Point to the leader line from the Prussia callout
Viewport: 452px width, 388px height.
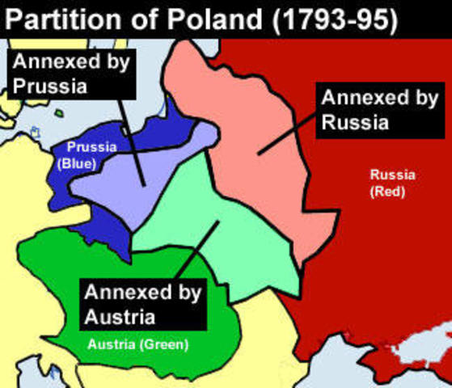pyautogui.click(x=129, y=137)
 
